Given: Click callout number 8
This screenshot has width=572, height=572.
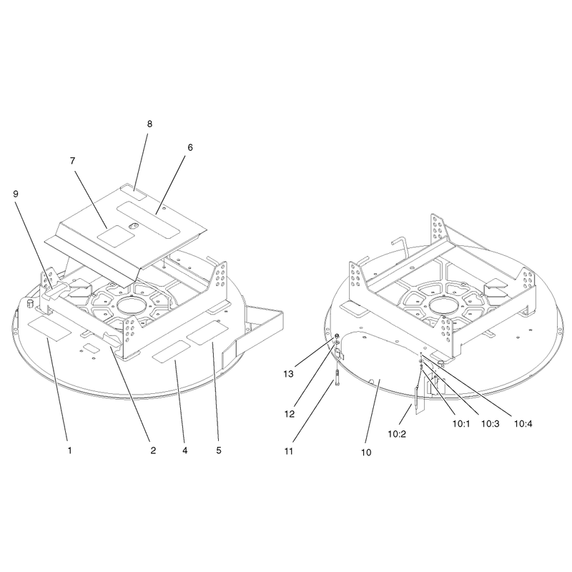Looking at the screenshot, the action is [x=149, y=124].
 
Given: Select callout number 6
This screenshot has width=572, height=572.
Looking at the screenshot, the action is [x=190, y=147].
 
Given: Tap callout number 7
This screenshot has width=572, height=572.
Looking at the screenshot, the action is [x=73, y=160].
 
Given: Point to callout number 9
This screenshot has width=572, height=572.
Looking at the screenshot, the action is [x=16, y=194].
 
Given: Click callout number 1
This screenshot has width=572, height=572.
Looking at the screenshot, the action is [x=69, y=450].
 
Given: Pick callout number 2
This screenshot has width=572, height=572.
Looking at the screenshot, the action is [x=153, y=450].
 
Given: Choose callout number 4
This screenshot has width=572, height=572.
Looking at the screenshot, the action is [x=185, y=450].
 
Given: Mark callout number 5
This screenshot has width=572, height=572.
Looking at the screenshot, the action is [x=219, y=450].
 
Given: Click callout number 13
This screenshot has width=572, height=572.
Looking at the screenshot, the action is [x=289, y=374].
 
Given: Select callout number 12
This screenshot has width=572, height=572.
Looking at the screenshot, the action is [x=290, y=414].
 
